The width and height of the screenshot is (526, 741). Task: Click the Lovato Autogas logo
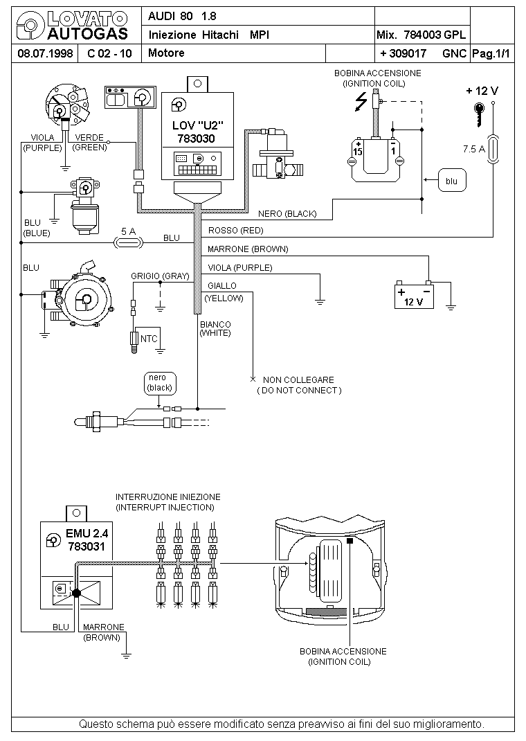(x=72, y=26)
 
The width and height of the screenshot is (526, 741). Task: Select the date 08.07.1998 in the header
(x=45, y=53)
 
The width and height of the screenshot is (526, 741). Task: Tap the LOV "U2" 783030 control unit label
(x=197, y=132)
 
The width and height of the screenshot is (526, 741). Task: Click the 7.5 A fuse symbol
(x=493, y=150)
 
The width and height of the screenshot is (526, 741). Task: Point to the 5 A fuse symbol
(x=128, y=243)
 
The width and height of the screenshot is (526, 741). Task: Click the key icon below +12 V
(x=479, y=114)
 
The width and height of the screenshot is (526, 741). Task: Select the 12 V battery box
(x=414, y=296)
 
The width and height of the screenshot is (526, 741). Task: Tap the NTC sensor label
(x=149, y=339)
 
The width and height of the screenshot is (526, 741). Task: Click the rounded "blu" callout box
(x=452, y=181)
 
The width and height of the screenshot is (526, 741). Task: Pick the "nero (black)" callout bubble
(x=160, y=383)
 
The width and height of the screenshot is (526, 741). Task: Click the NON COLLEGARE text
(x=298, y=380)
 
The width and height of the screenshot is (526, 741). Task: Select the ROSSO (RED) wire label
(x=235, y=231)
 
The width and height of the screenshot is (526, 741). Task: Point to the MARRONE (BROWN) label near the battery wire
(x=248, y=249)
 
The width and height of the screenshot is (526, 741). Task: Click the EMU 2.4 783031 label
(x=87, y=539)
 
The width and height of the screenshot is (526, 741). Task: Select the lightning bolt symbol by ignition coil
(x=361, y=101)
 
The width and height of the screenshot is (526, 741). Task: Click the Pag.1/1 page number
(x=491, y=54)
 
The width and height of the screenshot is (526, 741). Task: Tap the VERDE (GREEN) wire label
(x=89, y=142)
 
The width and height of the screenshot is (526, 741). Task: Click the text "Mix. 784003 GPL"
(x=421, y=35)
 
